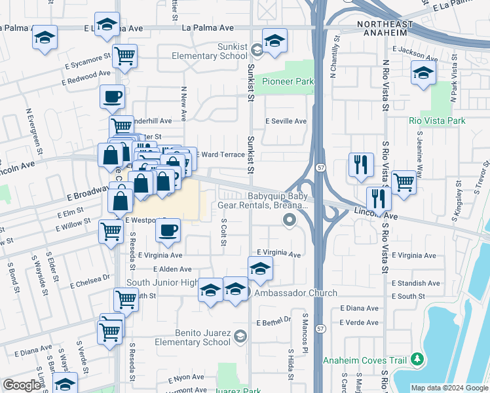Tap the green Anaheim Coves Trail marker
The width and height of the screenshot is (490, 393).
[x=416, y=360]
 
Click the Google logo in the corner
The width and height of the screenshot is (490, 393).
[x=22, y=385]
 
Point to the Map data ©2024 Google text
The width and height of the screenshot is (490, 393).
[x=449, y=388]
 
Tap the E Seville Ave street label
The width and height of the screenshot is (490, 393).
[x=286, y=121]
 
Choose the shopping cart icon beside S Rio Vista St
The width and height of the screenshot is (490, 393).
[x=404, y=182]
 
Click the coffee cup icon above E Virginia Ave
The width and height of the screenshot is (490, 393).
[x=168, y=230]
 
